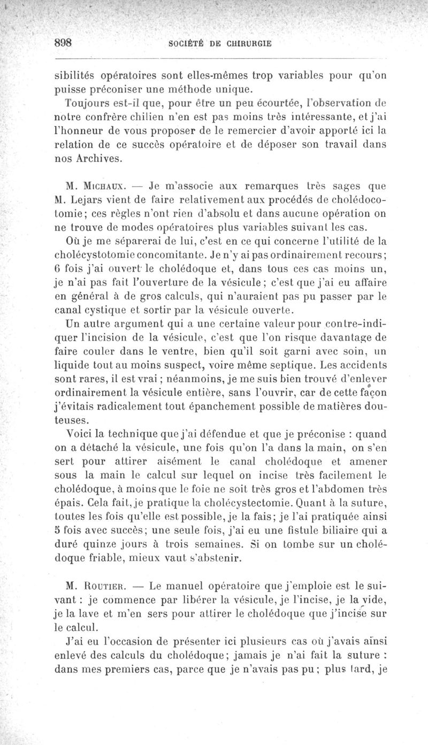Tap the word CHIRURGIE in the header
coord(244,44)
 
